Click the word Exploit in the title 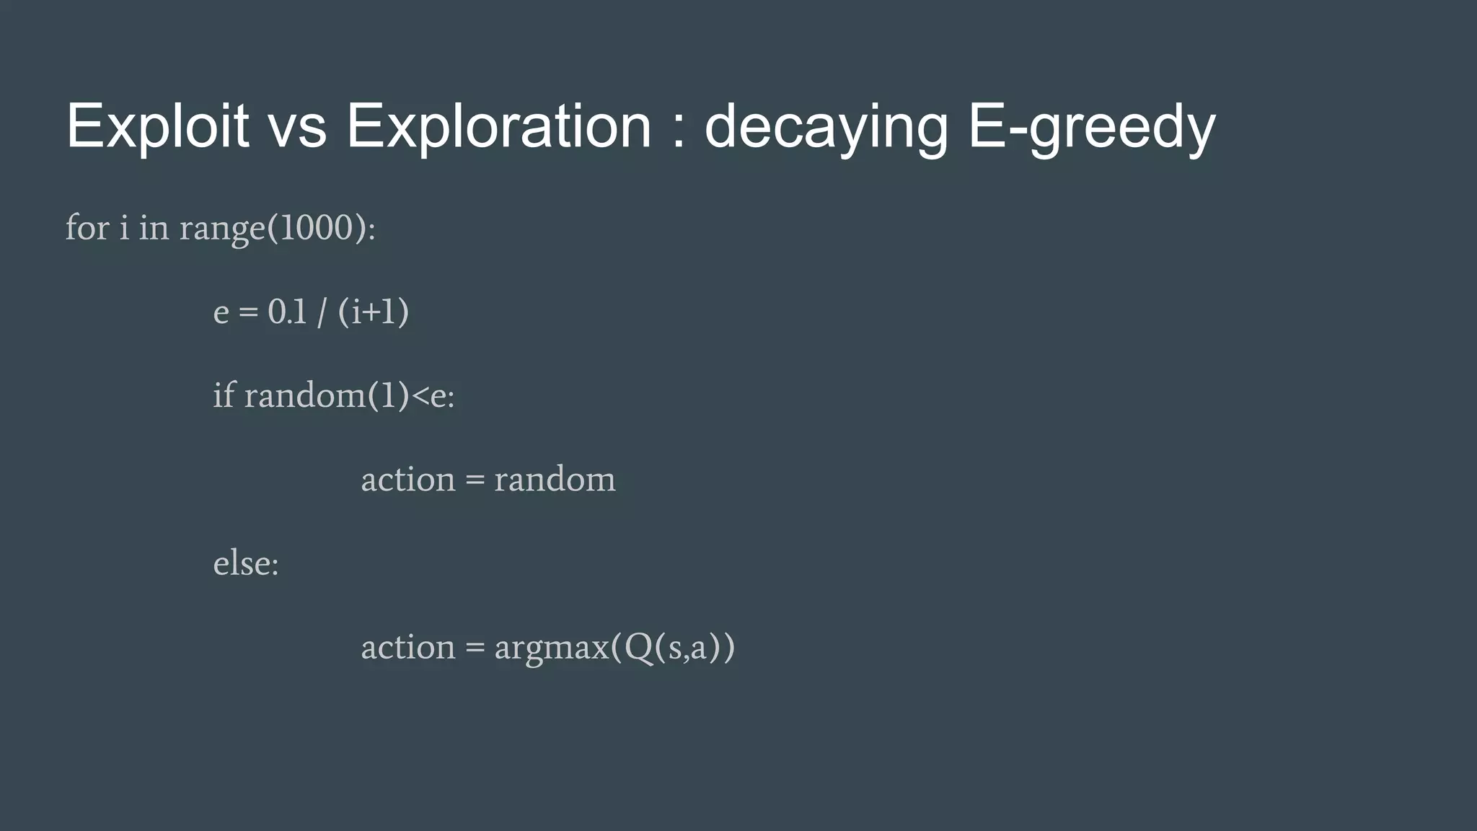(157, 126)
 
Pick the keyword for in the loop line (87, 228)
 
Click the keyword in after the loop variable (154, 228)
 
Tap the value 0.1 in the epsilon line (287, 312)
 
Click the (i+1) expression (373, 312)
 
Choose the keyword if (224, 395)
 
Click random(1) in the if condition (327, 395)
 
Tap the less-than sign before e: (420, 395)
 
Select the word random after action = (555, 480)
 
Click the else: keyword (246, 563)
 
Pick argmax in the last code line (552, 647)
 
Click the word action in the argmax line (408, 647)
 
